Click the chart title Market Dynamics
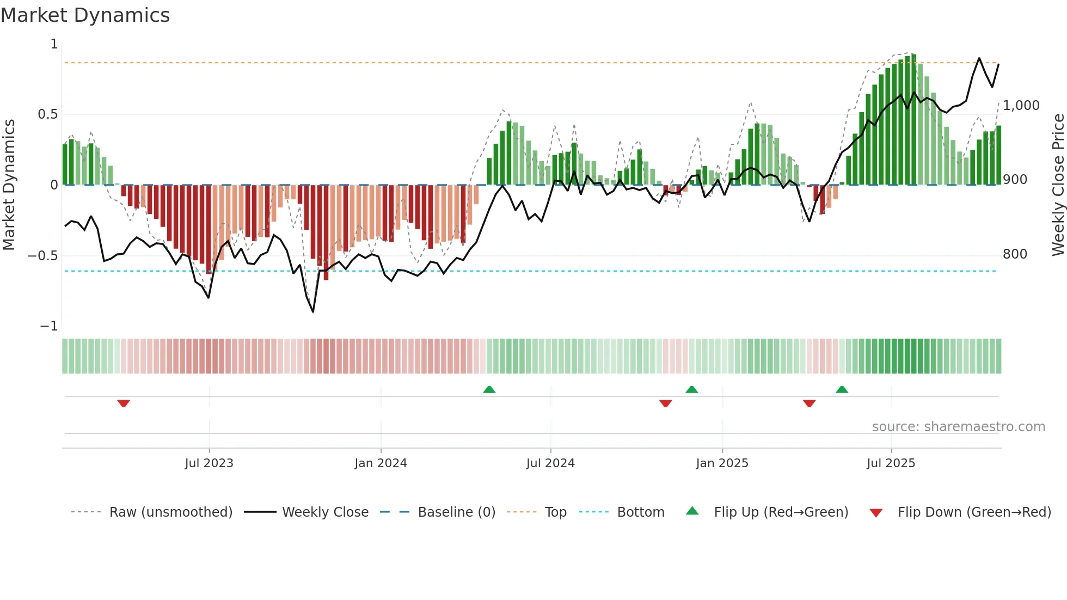[x=85, y=15]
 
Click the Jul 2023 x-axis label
[x=209, y=463]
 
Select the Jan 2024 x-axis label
[x=381, y=463]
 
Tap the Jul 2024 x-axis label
[x=550, y=463]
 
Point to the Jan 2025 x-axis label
[x=722, y=463]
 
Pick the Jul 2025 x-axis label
[x=891, y=463]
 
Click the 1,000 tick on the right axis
[x=1021, y=106]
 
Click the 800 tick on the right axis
[x=1015, y=254]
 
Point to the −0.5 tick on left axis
[x=43, y=256]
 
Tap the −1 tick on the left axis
[x=49, y=326]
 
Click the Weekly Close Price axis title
[x=1058, y=185]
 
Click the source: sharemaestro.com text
[x=958, y=427]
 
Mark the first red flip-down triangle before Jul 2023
[x=124, y=403]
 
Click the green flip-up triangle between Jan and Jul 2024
[x=489, y=389]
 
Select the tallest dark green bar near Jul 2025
[x=914, y=120]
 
